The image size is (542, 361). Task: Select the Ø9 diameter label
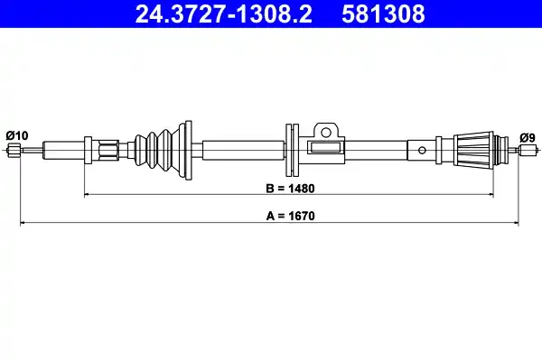528,136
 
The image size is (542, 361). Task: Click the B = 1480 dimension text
289,190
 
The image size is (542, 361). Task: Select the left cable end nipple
13,150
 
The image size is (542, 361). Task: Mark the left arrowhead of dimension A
23,221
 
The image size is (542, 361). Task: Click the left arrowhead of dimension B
88,194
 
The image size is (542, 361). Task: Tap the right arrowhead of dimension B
492,194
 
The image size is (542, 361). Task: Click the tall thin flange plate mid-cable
291,149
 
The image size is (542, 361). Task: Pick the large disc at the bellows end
187,148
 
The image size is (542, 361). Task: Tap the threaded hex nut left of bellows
108,149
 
